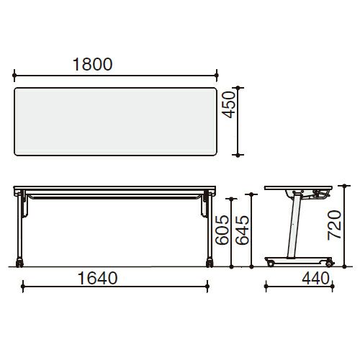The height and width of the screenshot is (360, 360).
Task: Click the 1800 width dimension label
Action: click(92, 64)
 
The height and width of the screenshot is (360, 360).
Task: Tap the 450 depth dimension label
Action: click(228, 104)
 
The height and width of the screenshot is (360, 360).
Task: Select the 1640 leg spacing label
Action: click(98, 278)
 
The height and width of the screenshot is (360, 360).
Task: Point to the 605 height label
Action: click(222, 230)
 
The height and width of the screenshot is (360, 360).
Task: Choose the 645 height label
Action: click(242, 230)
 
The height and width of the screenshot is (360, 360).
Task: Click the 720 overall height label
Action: click(335, 225)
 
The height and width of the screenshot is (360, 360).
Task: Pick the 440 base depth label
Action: click(315, 278)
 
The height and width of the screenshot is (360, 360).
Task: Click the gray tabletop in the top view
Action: click(115, 122)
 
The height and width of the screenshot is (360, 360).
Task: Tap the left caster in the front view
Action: click(19, 263)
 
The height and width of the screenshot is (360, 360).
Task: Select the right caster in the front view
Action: click(210, 263)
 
